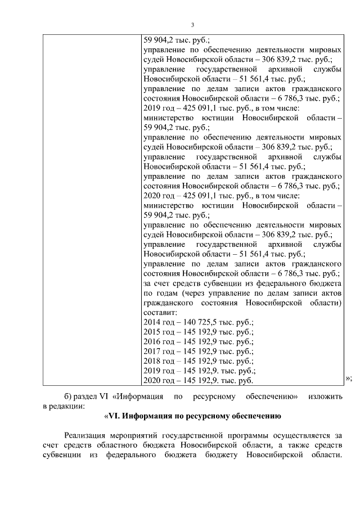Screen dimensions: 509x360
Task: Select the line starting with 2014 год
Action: point(199,323)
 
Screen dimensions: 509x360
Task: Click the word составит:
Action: point(161,313)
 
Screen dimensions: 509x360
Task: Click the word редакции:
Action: point(69,406)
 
